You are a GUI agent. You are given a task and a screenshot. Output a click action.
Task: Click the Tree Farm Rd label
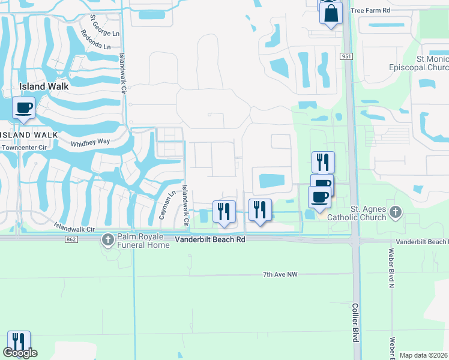click(370, 11)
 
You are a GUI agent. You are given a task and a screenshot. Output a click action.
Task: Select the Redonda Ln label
click(99, 46)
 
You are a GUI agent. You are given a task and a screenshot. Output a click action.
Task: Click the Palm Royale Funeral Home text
click(144, 240)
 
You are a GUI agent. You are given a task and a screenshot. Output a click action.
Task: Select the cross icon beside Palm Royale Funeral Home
click(108, 241)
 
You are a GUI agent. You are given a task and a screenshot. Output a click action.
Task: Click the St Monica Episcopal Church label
click(424, 64)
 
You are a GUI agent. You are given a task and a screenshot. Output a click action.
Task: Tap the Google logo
click(20, 353)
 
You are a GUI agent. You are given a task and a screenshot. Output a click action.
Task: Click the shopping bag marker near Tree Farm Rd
click(331, 13)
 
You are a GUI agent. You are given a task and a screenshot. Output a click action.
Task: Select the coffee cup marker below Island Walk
click(24, 108)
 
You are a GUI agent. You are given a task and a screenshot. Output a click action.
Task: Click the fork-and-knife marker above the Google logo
click(19, 342)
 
